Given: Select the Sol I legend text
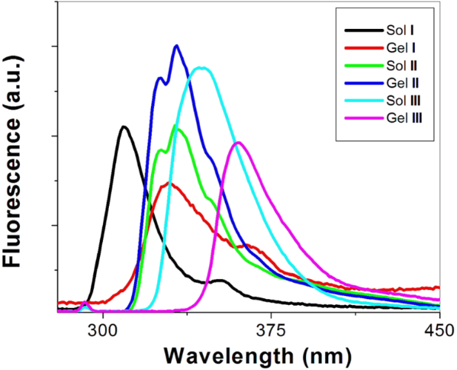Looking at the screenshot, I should pyautogui.click(x=399, y=30).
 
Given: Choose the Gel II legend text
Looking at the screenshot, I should pyautogui.click(x=401, y=82).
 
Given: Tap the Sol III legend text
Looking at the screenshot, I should pyautogui.click(x=403, y=99).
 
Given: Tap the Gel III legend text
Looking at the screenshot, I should pyautogui.click(x=404, y=117).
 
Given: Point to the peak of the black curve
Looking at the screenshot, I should pyautogui.click(x=124, y=127).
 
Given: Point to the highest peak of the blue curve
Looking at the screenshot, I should pyautogui.click(x=176, y=46).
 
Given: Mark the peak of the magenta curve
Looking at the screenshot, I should pyautogui.click(x=238, y=142).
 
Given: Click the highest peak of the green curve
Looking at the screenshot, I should pyautogui.click(x=176, y=127).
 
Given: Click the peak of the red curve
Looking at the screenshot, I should pyautogui.click(x=170, y=184).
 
